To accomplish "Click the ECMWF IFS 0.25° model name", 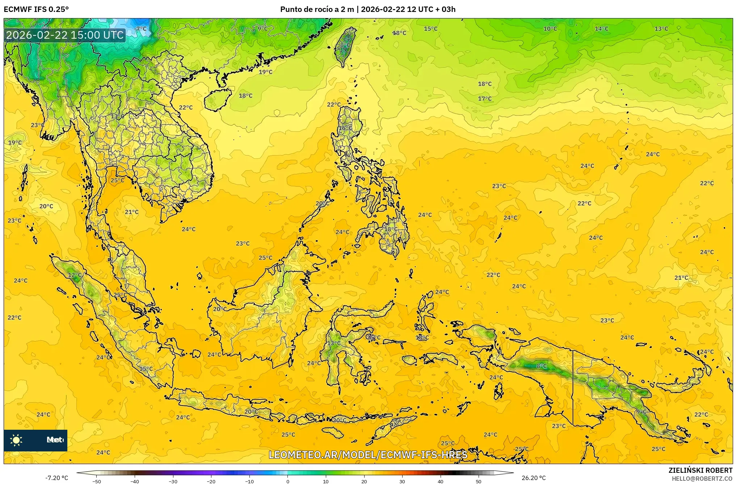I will pyautogui.click(x=36, y=9).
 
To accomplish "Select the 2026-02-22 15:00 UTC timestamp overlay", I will pyautogui.click(x=65, y=35).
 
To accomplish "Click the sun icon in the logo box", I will pyautogui.click(x=16, y=440).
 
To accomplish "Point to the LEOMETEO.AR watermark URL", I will pyautogui.click(x=368, y=455).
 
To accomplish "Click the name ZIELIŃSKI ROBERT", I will pyautogui.click(x=700, y=470).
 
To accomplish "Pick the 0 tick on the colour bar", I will pyautogui.click(x=288, y=481).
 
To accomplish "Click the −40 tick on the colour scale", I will pyautogui.click(x=135, y=481).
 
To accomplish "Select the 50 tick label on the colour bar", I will pyautogui.click(x=479, y=481).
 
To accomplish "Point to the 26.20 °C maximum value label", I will pyautogui.click(x=533, y=478).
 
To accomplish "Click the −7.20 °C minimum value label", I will pyautogui.click(x=56, y=478).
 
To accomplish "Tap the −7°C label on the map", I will pyautogui.click(x=140, y=29).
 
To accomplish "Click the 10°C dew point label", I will pyautogui.click(x=550, y=29).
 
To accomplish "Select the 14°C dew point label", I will pyautogui.click(x=601, y=29).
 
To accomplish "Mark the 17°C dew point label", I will pyautogui.click(x=485, y=99).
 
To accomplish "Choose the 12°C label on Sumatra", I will pyautogui.click(x=75, y=275).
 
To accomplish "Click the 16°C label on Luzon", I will pyautogui.click(x=345, y=128).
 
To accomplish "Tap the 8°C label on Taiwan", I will pyautogui.click(x=345, y=45).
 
